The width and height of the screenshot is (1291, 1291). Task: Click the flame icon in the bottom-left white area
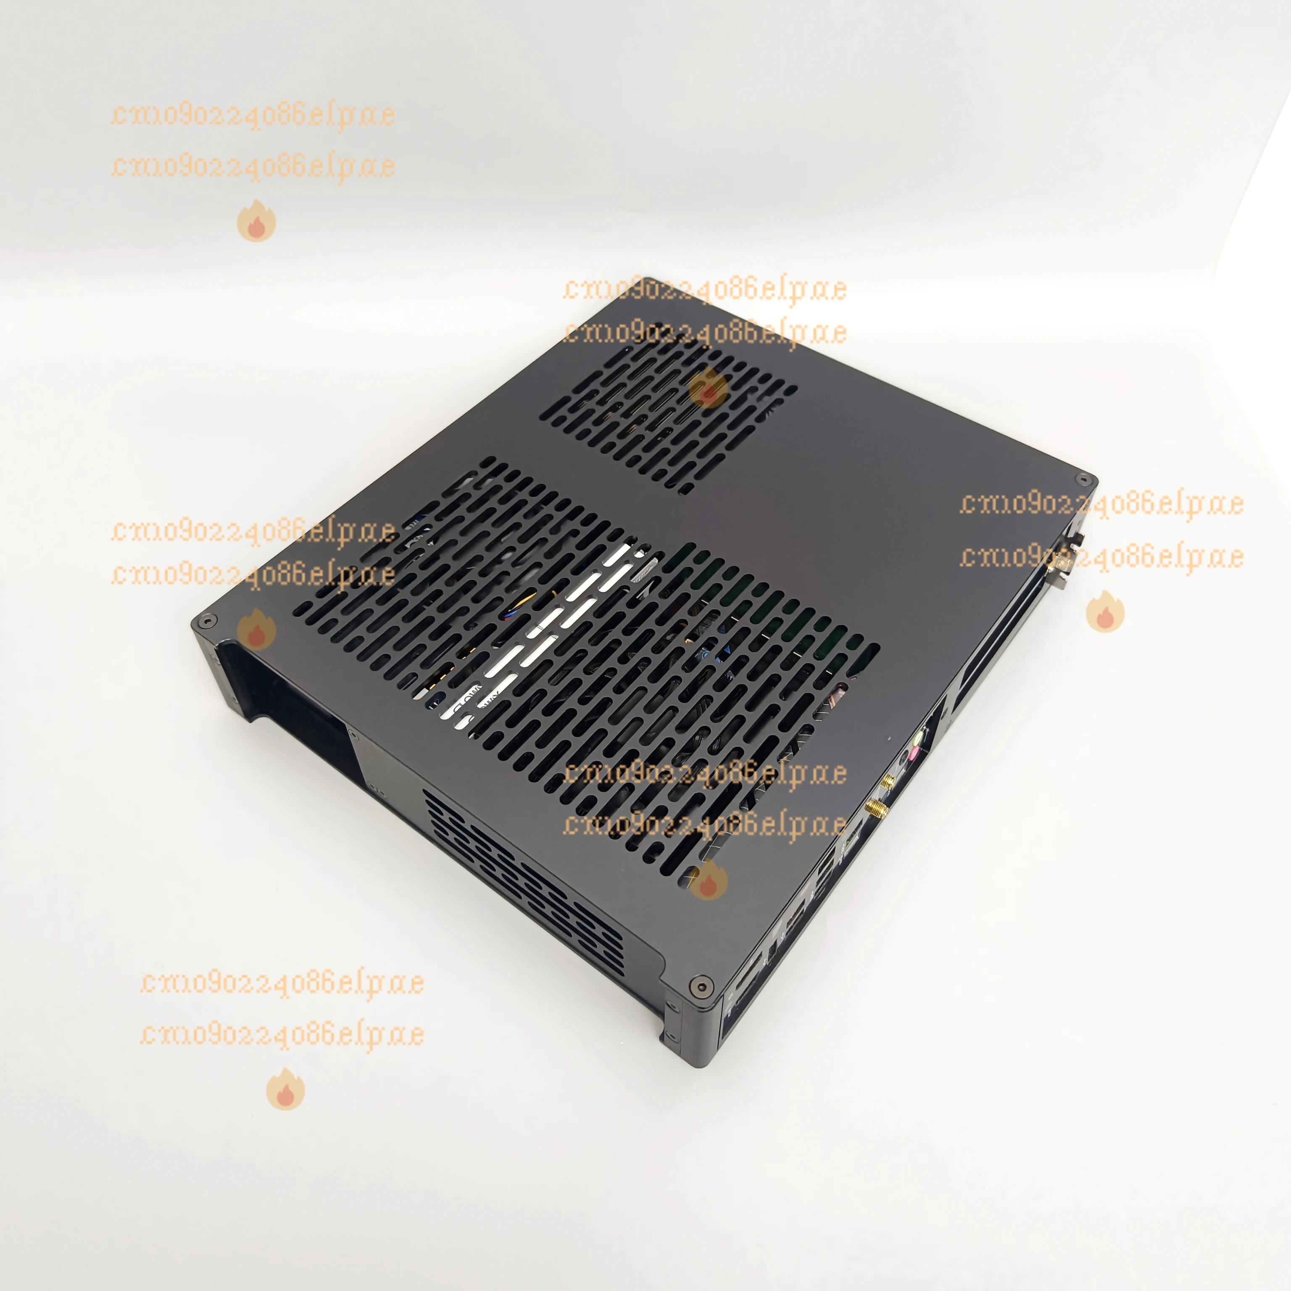[285, 1089]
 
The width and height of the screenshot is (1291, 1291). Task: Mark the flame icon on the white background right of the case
[1105, 611]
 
